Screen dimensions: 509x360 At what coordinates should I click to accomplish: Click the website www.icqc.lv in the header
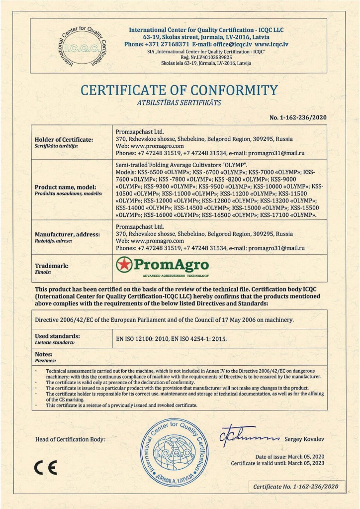tap(271, 44)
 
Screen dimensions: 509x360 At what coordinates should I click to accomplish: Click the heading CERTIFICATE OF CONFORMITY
tap(179, 91)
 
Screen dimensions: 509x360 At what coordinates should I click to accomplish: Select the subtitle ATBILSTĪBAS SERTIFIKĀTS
tap(179, 103)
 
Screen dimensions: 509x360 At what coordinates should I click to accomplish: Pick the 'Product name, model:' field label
tap(68, 187)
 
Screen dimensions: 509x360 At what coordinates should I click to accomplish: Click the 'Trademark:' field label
tap(52, 266)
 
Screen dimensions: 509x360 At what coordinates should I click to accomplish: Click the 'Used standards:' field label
tap(57, 336)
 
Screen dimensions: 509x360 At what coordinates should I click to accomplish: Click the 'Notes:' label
tap(44, 354)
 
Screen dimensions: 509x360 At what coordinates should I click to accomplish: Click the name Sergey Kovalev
tap(304, 439)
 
